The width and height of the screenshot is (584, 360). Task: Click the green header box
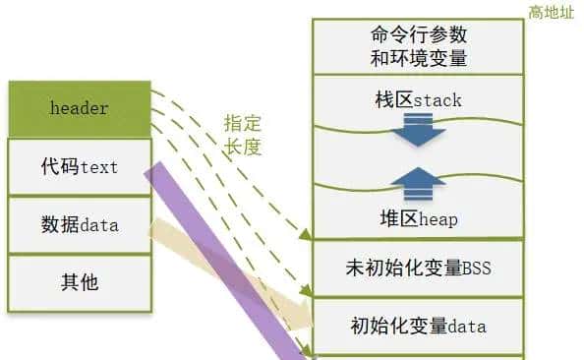tap(79, 108)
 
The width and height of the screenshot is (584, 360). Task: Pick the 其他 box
tap(79, 283)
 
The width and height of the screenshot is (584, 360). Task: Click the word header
tap(79, 108)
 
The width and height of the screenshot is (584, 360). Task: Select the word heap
tap(438, 218)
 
